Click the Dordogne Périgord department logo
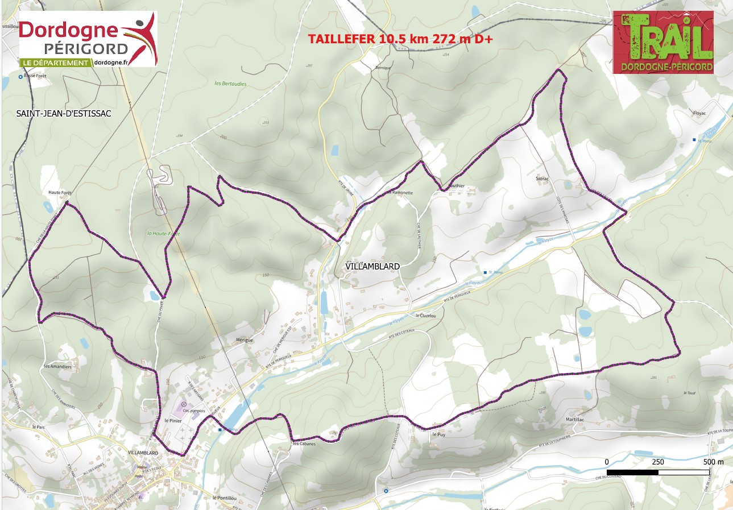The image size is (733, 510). point(88,39)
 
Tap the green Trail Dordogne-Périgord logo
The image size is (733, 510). point(663,43)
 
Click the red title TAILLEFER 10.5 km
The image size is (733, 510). point(400,39)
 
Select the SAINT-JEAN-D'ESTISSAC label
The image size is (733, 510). point(63,114)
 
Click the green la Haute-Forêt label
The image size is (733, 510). point(163,234)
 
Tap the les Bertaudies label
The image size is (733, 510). point(231,84)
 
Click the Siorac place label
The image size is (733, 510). point(542,178)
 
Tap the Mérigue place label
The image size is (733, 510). point(243,340)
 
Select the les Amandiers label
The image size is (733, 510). point(57,367)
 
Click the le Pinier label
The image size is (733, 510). point(172,420)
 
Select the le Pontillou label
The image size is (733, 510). point(223,497)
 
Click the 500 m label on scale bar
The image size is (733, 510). point(713,462)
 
